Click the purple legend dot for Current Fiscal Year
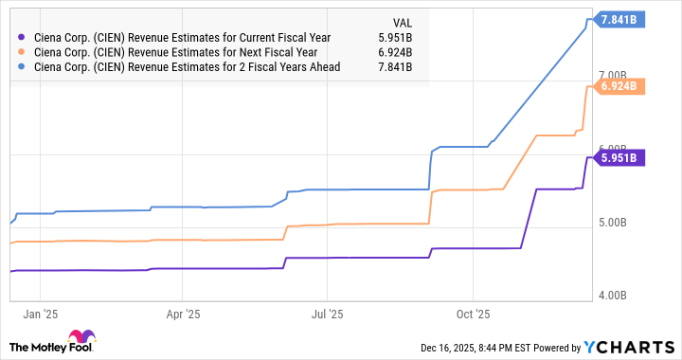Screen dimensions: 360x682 pyautogui.click(x=22, y=38)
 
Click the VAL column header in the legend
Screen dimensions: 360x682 pyautogui.click(x=403, y=23)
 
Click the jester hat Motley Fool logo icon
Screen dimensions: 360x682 pyautogui.click(x=81, y=339)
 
